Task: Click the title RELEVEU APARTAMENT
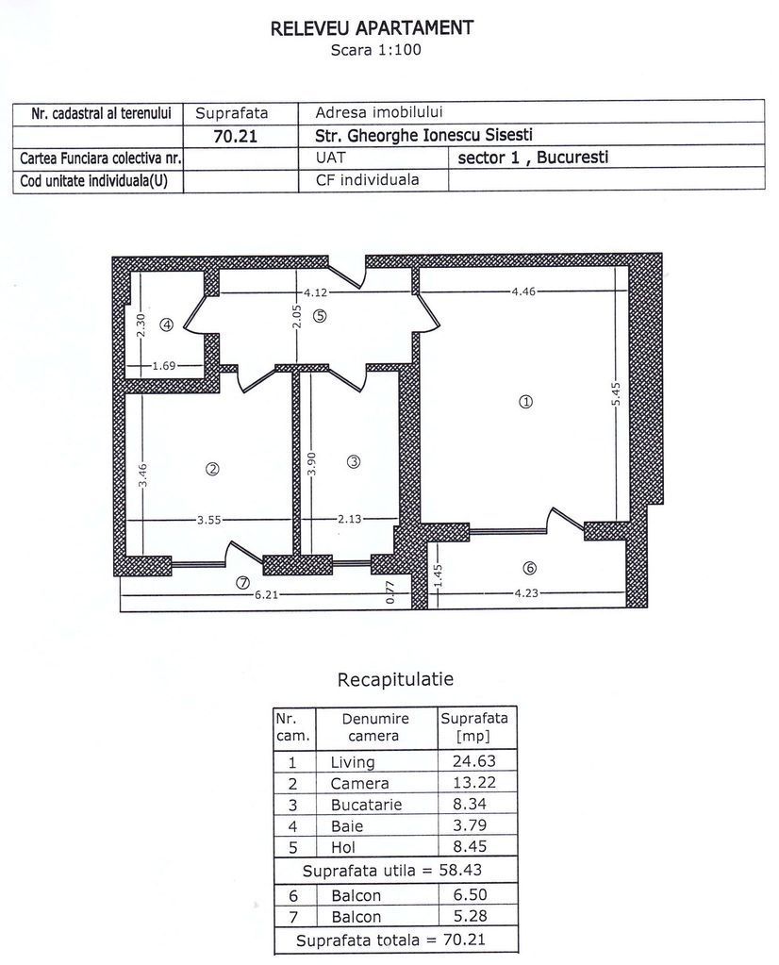(x=372, y=28)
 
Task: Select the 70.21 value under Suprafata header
(x=236, y=135)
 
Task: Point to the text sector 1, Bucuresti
(x=533, y=158)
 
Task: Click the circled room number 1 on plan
(x=526, y=401)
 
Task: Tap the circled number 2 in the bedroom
(x=213, y=469)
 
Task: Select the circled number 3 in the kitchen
(x=354, y=461)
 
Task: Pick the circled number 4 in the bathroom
(x=167, y=325)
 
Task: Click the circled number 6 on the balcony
(x=529, y=568)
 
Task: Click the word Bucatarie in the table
(x=366, y=805)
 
